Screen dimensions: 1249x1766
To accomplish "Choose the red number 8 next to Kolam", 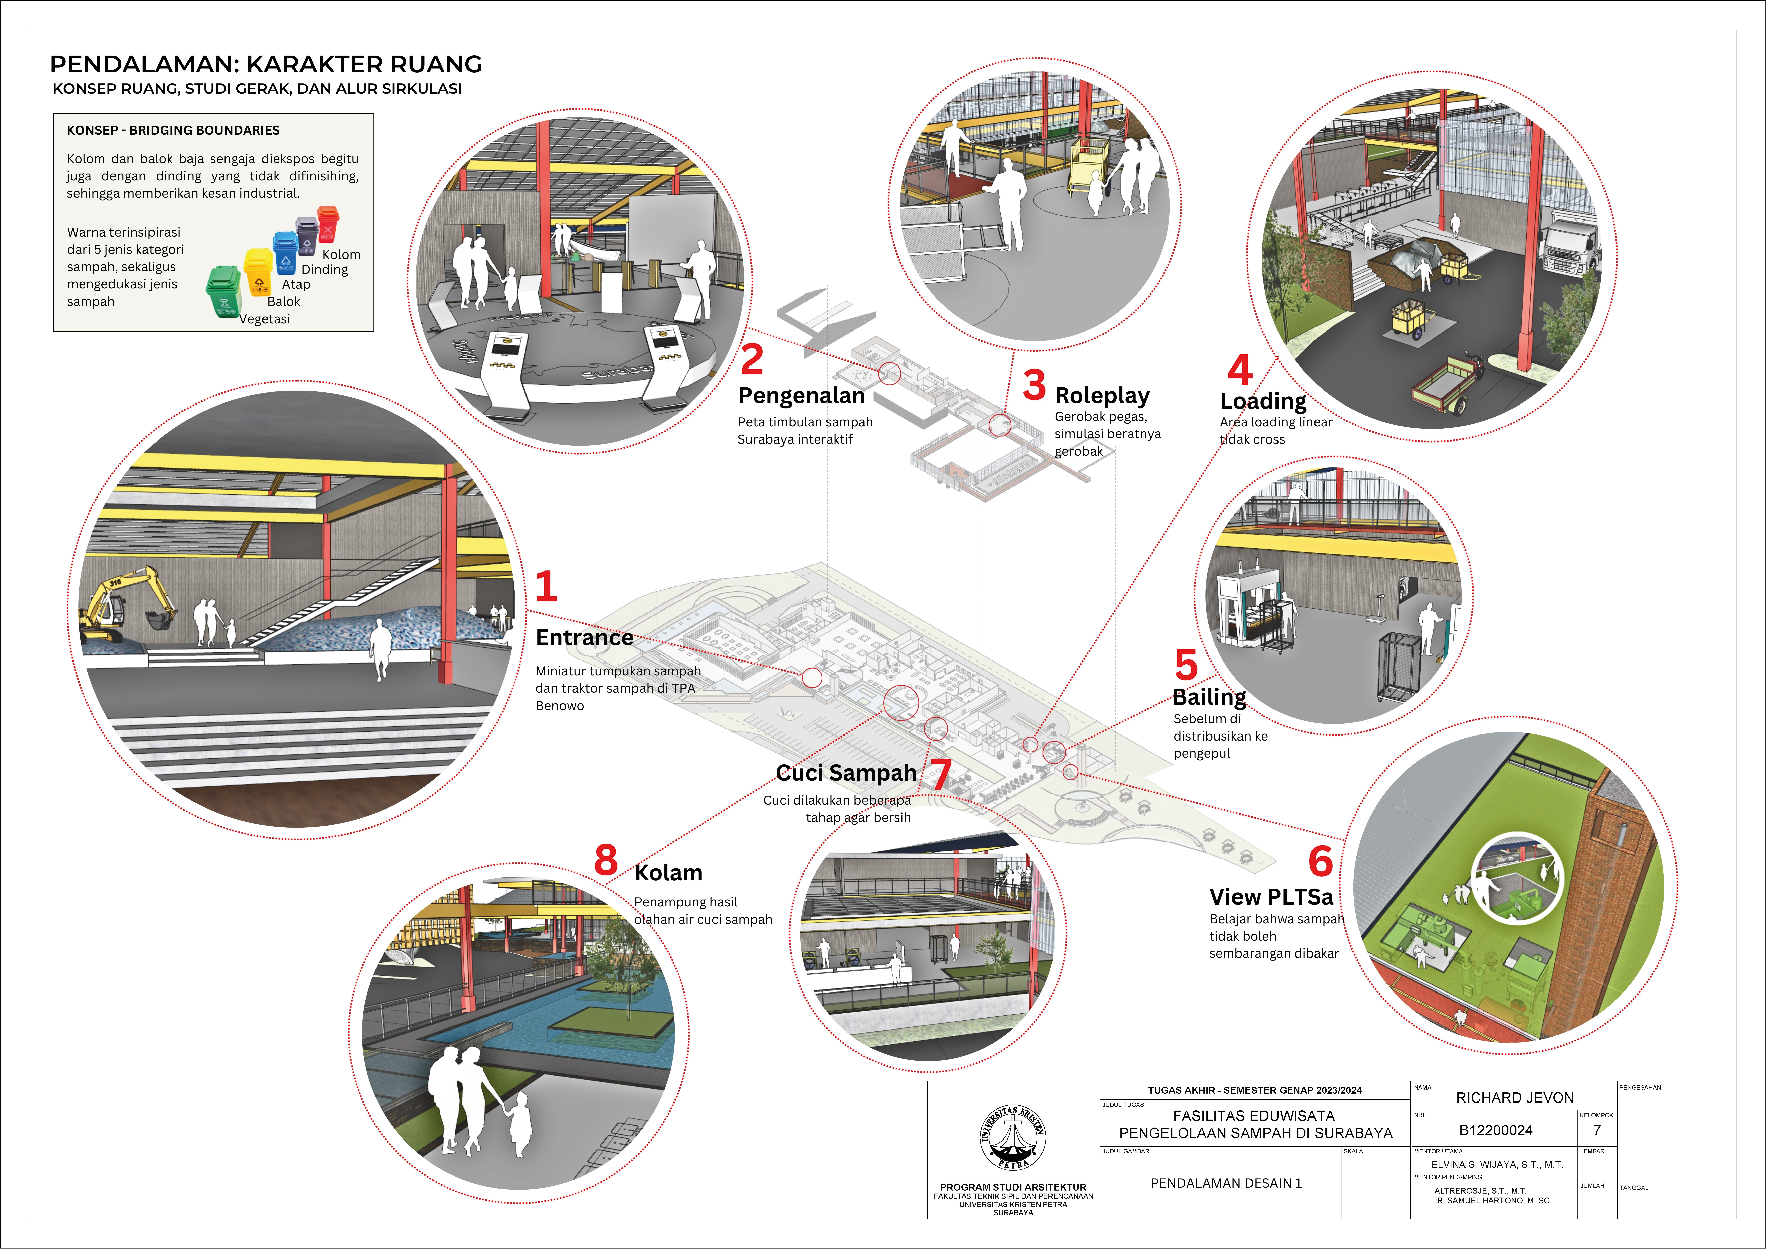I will click(606, 860).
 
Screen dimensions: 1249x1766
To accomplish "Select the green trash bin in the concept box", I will click(224, 291).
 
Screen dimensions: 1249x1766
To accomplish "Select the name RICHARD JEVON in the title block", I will click(1515, 1097).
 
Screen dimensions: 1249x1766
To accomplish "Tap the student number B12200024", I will click(1495, 1130).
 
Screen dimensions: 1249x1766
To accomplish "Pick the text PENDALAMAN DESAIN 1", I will click(1226, 1183).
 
